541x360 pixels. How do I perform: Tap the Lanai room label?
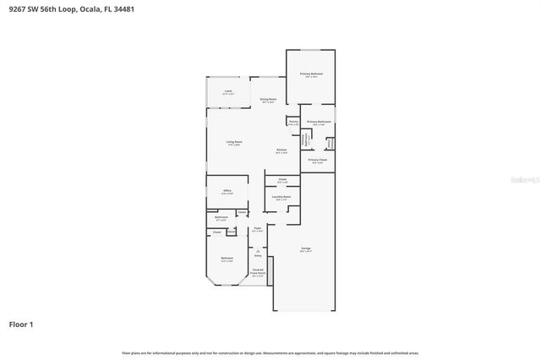pos(228,93)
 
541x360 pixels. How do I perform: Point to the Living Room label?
pos(234,143)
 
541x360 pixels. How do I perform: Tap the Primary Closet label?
pos(318,161)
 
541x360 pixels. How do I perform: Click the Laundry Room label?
pos(282,198)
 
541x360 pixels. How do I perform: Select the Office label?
pos(227,192)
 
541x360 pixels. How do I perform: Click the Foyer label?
pos(258,229)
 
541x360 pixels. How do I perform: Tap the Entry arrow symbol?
pos(258,250)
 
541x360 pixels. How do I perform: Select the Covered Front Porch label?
pos(258,272)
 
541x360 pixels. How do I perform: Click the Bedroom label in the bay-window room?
pos(227,259)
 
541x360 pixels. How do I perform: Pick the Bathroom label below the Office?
pos(221,218)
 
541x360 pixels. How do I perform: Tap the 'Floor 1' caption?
pos(22,324)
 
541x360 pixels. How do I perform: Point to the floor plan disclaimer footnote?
pos(270,352)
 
